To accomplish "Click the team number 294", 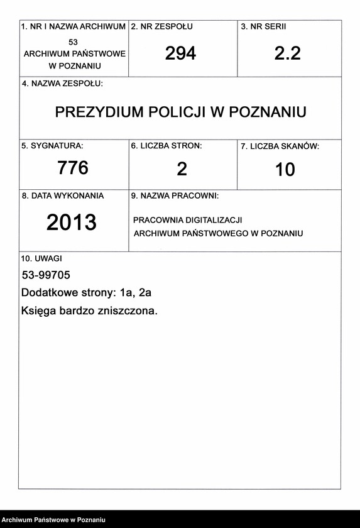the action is coord(180,54).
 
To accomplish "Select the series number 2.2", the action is coord(287,54).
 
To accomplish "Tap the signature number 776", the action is coord(73,168).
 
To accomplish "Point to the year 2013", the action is coord(72,223).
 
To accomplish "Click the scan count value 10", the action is coord(285,170).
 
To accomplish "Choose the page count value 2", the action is coord(182,169).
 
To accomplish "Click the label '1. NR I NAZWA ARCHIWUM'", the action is coord(74,27).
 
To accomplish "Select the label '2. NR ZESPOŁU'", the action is coord(162,27).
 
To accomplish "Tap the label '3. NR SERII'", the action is coord(263,27).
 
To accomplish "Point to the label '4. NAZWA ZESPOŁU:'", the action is coord(62,84).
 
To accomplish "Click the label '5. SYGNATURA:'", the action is coord(52,146).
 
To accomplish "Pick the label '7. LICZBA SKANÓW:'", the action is coord(280,146).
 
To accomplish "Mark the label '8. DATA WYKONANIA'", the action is coord(63,196).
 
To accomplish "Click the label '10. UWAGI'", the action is coord(41,258).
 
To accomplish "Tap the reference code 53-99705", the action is coord(46,275).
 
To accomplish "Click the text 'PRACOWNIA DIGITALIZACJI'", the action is coord(187,221).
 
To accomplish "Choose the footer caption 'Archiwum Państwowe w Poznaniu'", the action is coord(53,520).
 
